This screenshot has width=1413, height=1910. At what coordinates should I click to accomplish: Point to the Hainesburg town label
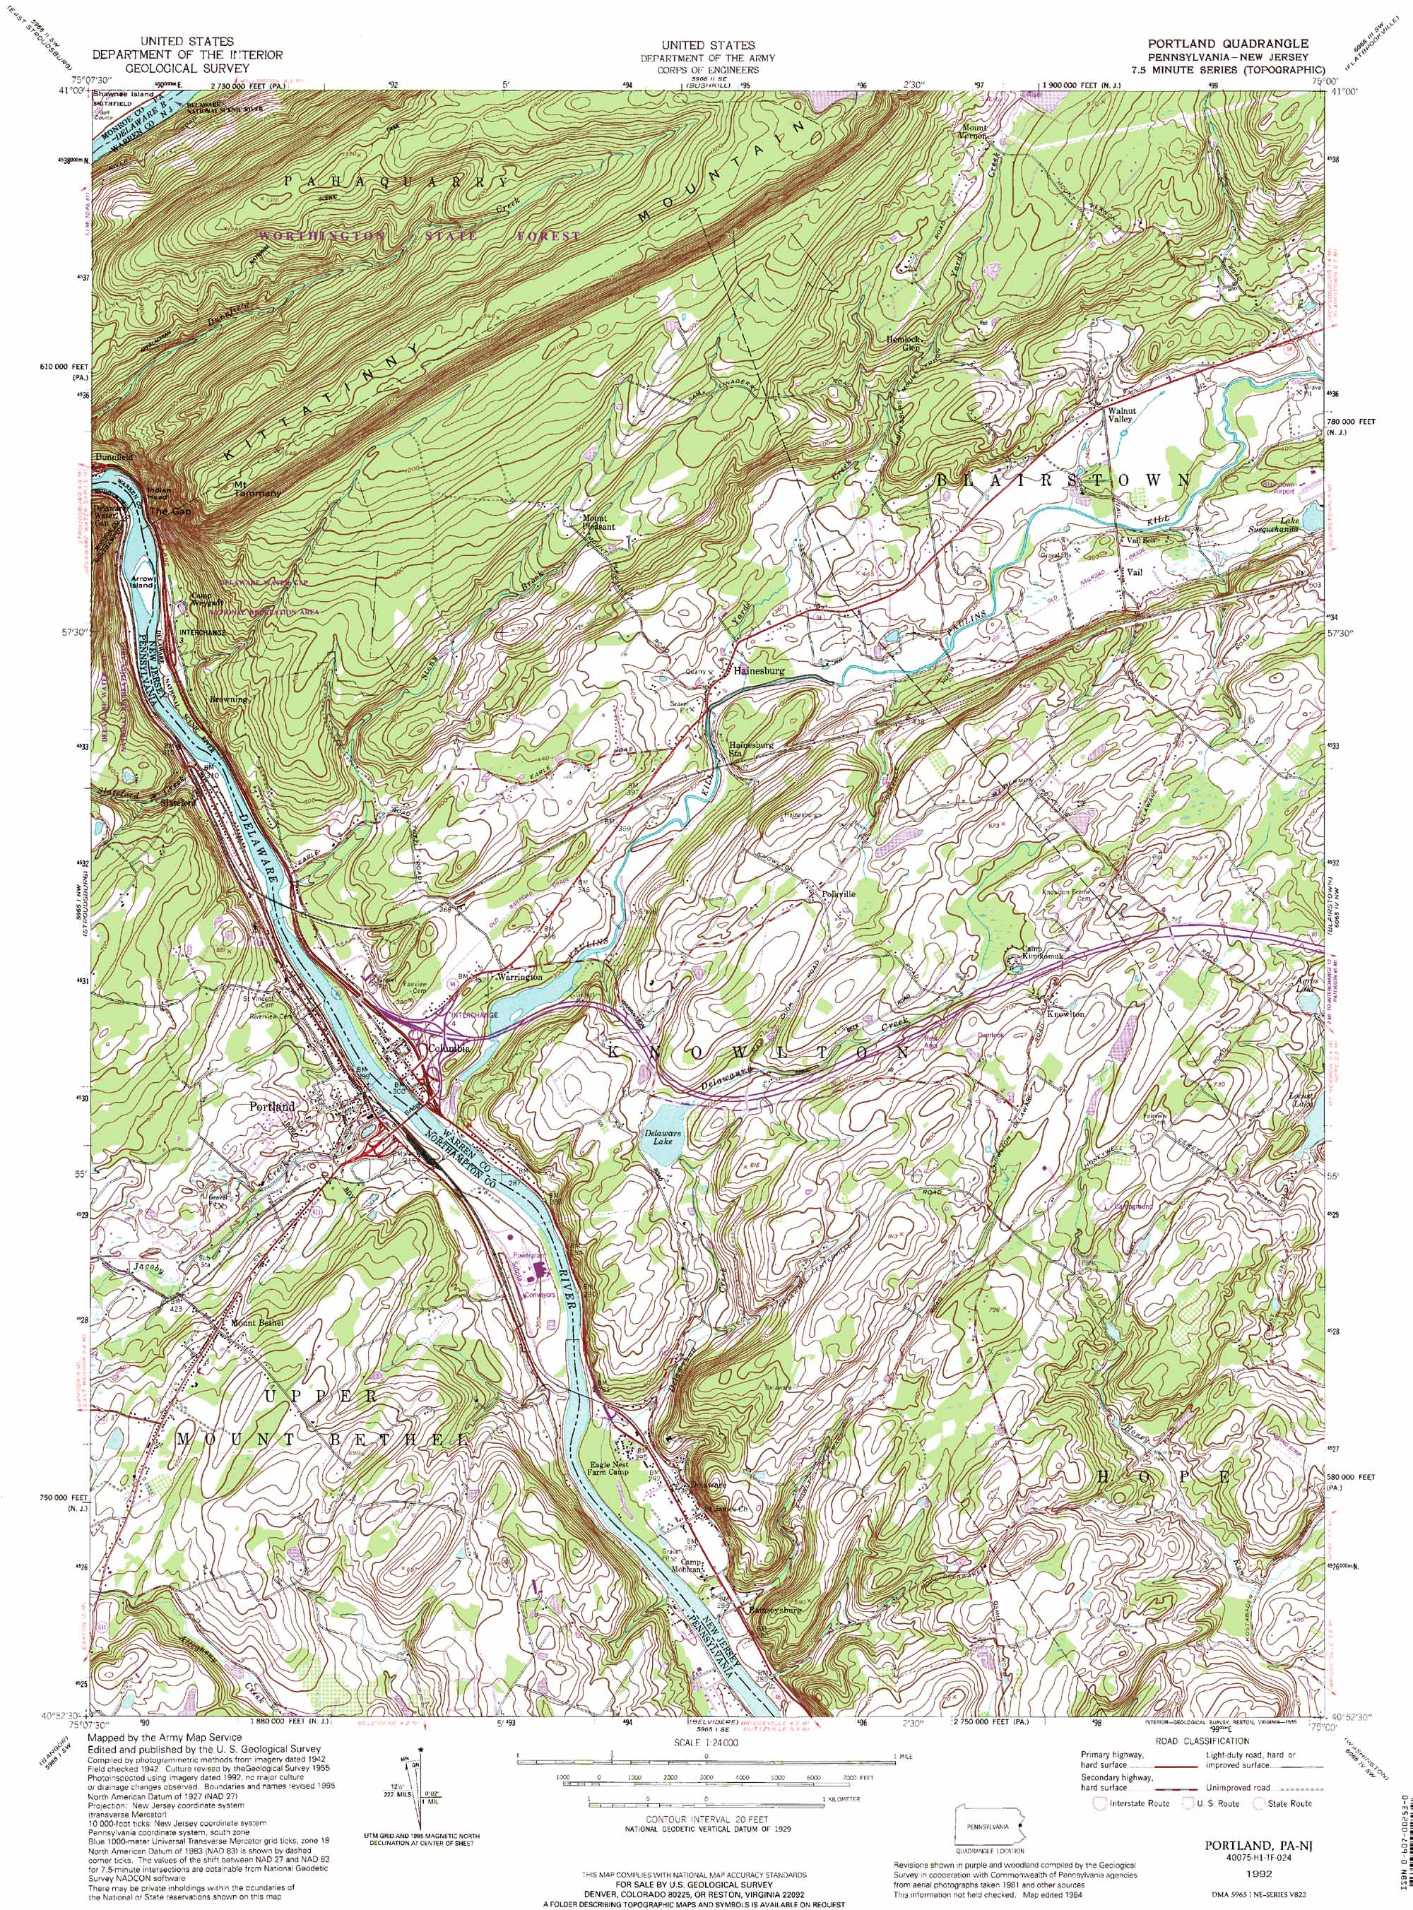click(758, 671)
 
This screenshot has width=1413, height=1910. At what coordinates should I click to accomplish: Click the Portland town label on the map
click(272, 1106)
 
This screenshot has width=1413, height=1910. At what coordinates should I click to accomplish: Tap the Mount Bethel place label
click(256, 1322)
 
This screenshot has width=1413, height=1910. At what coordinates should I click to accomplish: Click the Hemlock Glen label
click(902, 344)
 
